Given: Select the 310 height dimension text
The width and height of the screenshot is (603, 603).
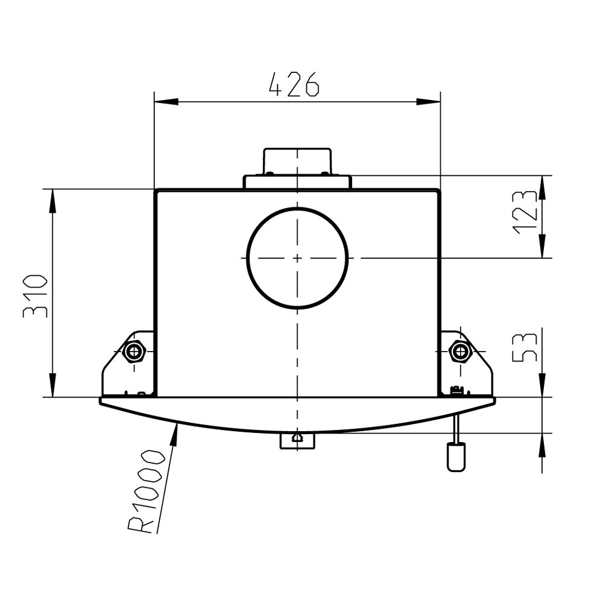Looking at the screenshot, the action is [35, 295].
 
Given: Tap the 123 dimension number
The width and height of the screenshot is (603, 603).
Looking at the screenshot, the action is [525, 212].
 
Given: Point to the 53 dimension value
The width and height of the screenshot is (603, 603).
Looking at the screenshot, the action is [525, 348].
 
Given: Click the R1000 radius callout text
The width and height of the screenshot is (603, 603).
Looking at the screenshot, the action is [147, 491].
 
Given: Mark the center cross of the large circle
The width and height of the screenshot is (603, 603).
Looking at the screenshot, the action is [297, 257].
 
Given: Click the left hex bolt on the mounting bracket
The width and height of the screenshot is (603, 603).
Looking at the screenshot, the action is [134, 351].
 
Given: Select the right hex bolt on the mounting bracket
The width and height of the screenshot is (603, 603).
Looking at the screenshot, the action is [460, 351].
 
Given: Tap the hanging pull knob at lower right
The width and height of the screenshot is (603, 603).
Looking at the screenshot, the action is [456, 457].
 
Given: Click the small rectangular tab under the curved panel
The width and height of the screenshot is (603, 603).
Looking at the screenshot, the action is [297, 441].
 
